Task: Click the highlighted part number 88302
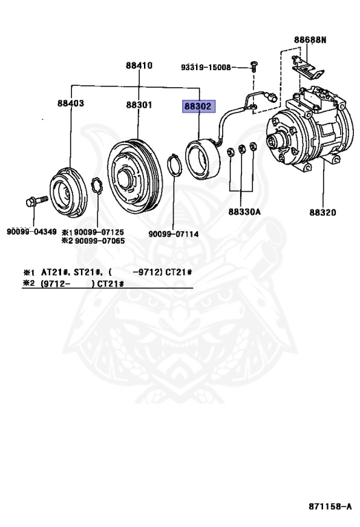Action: click(x=197, y=107)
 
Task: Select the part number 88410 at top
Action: click(x=139, y=66)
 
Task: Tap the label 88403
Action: click(x=71, y=104)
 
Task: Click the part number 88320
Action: click(x=322, y=212)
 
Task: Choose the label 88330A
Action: click(x=245, y=212)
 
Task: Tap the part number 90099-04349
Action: click(x=32, y=232)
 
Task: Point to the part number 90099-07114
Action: click(x=173, y=234)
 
